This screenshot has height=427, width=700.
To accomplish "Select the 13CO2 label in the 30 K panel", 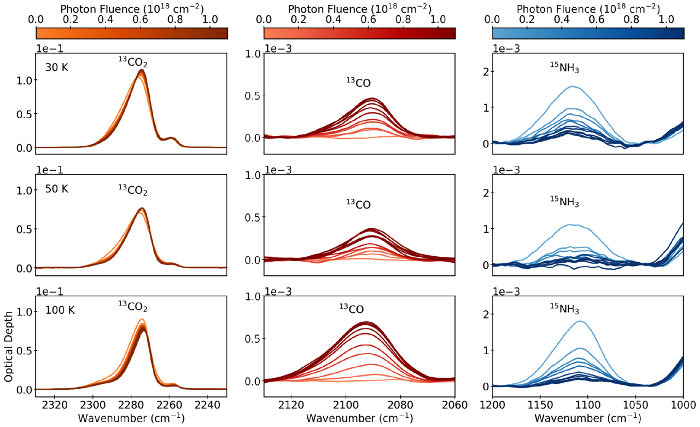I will click(x=133, y=64).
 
